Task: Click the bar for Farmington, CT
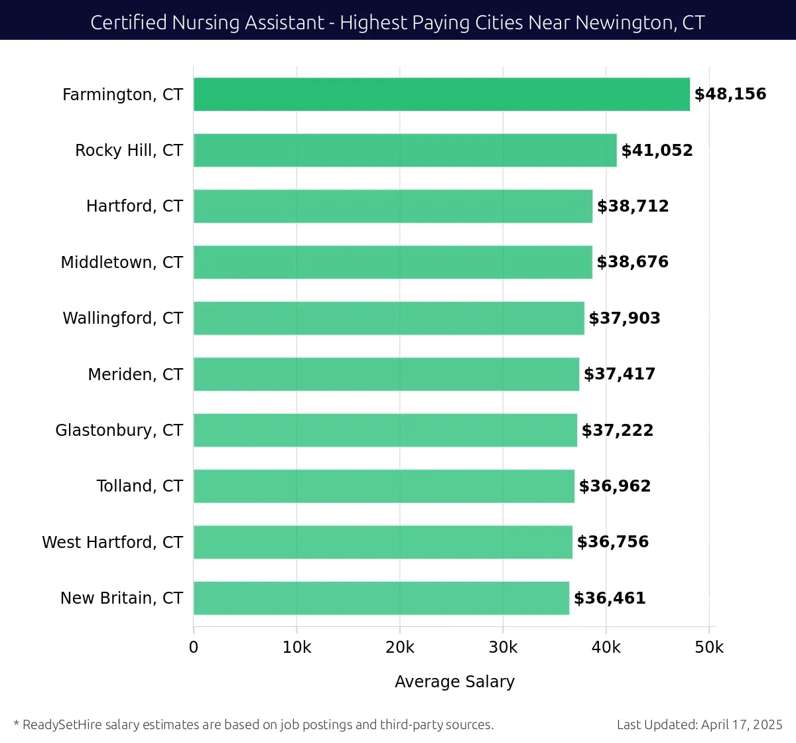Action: pos(441,94)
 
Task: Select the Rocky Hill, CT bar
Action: pos(405,150)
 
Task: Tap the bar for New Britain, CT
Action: pos(381,598)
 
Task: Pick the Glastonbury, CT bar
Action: pos(385,430)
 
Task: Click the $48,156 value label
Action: pos(730,94)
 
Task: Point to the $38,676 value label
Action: pos(632,262)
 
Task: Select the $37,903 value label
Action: pos(624,318)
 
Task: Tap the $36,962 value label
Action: pos(614,486)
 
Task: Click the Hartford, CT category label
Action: pos(134,206)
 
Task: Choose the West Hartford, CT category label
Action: pos(112,542)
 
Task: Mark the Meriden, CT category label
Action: pos(135,374)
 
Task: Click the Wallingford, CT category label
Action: pos(122,318)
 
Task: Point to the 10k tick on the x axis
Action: pos(297,647)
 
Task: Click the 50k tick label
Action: pos(708,647)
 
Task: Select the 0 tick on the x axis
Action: pos(194,647)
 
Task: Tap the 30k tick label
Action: pos(503,647)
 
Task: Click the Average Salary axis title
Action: pos(454,681)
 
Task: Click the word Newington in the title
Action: pos(623,23)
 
